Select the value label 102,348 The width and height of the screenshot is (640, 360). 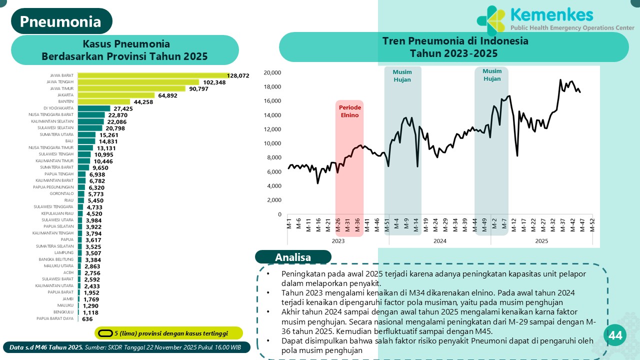[x=213, y=82]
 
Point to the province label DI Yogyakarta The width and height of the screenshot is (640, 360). [x=58, y=108]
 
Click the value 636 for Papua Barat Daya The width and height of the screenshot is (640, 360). [x=87, y=318]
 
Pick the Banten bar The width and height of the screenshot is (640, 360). [x=104, y=101]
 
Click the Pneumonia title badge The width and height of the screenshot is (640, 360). [x=61, y=21]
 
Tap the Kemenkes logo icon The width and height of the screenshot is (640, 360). [x=492, y=20]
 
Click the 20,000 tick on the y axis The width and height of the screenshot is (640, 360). [x=272, y=72]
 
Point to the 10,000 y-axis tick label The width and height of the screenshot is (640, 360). [x=272, y=143]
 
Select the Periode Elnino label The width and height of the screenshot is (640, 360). [x=349, y=111]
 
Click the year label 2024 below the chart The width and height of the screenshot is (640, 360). [x=440, y=241]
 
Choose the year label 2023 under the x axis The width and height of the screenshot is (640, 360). [x=338, y=241]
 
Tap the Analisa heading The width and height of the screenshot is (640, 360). [x=293, y=257]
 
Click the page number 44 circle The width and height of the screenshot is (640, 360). [x=615, y=336]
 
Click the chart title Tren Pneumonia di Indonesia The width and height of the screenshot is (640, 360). [x=455, y=41]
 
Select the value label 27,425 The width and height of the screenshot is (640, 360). [x=123, y=108]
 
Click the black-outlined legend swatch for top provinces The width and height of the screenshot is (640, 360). [x=105, y=333]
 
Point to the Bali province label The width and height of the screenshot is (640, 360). [x=69, y=141]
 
